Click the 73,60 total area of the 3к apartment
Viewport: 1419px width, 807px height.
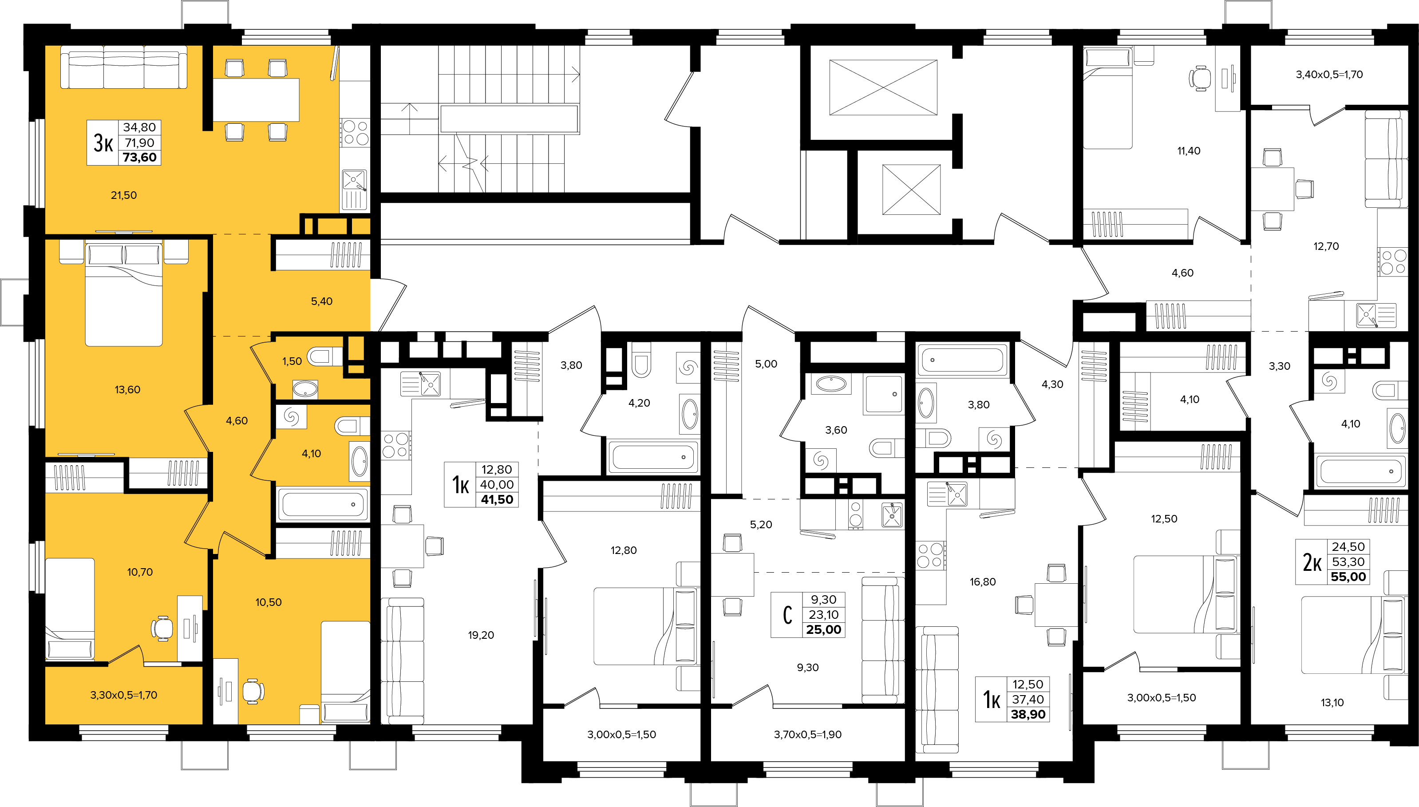[140, 158]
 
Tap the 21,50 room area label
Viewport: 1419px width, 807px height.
[123, 195]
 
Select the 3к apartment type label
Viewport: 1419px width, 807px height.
[103, 143]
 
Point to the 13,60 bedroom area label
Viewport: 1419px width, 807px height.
[127, 390]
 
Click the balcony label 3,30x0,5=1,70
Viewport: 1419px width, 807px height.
[123, 695]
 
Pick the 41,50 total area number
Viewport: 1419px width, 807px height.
[497, 499]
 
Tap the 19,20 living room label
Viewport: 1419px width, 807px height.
[481, 635]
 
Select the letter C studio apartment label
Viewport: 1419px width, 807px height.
[787, 615]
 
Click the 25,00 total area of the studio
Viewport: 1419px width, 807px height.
[823, 629]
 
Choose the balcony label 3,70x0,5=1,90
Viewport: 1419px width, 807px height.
[807, 734]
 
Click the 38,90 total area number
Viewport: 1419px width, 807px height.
[1028, 714]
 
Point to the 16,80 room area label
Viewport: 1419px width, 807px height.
[982, 582]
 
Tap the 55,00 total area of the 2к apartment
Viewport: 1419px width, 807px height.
[1348, 577]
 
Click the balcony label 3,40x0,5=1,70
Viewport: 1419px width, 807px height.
[1329, 74]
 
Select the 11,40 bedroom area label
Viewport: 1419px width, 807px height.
[1189, 151]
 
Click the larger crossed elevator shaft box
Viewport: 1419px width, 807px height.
[883, 87]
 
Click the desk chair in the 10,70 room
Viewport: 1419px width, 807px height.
[162, 628]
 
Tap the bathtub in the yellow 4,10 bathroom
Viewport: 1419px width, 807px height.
[323, 504]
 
